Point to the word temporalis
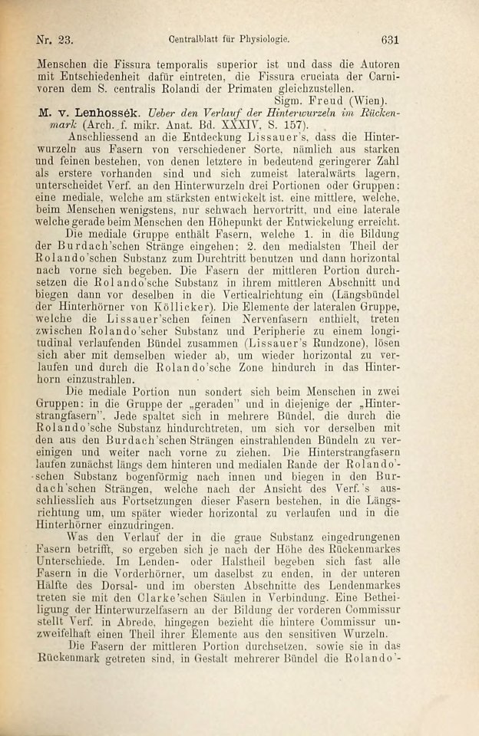(177, 61)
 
